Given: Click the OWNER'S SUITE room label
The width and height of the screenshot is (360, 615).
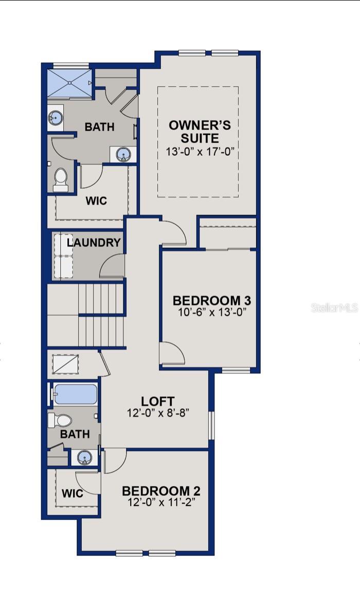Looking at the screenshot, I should [x=200, y=132].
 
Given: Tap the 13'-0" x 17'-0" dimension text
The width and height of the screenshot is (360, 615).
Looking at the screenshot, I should [x=200, y=152].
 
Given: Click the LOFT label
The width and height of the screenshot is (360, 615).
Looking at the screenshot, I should [x=158, y=401].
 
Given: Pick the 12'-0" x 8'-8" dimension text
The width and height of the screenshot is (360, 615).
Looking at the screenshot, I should [x=158, y=412].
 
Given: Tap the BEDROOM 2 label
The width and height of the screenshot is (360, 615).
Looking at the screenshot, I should [x=161, y=491].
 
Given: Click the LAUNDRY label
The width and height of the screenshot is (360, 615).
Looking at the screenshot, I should [x=94, y=243].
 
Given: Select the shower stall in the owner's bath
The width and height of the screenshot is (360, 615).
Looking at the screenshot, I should [x=69, y=82].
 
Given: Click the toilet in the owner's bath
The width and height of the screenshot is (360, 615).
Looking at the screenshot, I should [x=61, y=179].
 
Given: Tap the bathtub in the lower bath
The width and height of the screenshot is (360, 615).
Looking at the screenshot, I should [x=75, y=395].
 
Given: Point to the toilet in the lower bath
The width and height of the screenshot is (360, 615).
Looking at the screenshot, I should [x=60, y=421].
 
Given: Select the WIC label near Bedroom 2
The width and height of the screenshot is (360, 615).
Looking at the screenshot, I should [x=73, y=494].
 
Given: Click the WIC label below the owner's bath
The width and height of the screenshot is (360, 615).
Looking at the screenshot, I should [x=96, y=201].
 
